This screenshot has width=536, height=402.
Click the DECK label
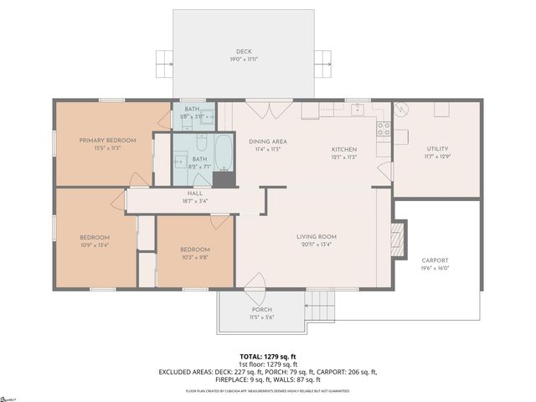coord(244,51)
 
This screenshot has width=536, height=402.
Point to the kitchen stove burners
coord(383,128)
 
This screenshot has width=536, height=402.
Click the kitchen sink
coord(358,109)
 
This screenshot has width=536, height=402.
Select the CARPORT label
coord(435,260)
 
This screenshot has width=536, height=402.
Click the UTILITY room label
coord(437,148)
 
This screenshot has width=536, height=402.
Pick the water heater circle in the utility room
coord(400,109)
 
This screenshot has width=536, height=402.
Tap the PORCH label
coord(260,310)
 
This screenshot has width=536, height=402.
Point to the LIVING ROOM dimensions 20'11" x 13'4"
coord(316,245)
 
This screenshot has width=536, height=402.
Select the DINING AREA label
coord(268,142)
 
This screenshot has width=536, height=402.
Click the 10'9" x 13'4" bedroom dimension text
coord(95,245)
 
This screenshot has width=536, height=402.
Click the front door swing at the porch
coord(254,284)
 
